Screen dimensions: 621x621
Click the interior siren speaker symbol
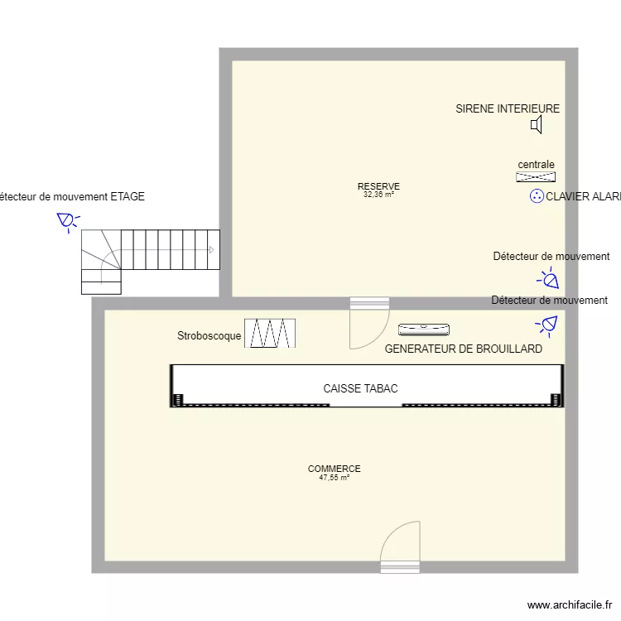(x=537, y=125)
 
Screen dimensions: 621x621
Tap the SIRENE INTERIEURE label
(x=508, y=108)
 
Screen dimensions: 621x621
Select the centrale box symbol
(x=536, y=176)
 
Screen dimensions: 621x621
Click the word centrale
(x=536, y=165)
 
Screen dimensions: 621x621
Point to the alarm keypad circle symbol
(x=536, y=196)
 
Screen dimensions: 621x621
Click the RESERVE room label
(x=378, y=186)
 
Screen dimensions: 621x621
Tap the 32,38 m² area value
(x=378, y=195)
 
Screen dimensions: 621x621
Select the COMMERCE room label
(x=334, y=469)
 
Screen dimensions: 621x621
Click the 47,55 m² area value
(x=334, y=478)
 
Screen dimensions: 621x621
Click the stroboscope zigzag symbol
(x=270, y=334)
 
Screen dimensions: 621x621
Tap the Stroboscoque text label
(x=209, y=336)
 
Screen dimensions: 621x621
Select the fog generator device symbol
(x=425, y=330)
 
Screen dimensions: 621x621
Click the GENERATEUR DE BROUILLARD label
(x=464, y=349)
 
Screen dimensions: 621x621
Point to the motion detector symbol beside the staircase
(x=66, y=221)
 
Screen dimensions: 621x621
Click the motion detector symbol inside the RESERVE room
(x=548, y=280)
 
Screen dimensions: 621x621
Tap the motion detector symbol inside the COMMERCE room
(x=548, y=324)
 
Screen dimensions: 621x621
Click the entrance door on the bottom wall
(x=400, y=546)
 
